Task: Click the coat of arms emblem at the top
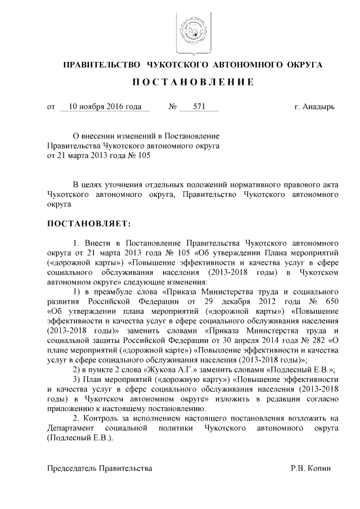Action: pyautogui.click(x=190, y=29)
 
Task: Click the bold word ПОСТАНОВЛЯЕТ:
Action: pyautogui.click(x=88, y=224)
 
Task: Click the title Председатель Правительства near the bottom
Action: pyautogui.click(x=100, y=468)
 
